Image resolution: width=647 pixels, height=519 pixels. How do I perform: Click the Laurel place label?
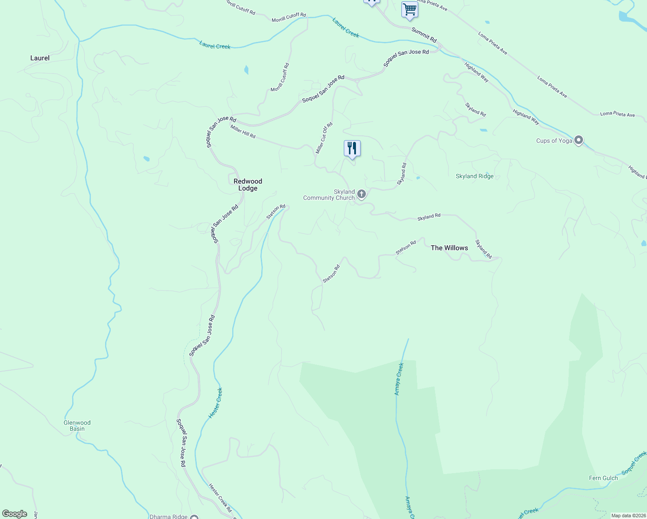[40, 58]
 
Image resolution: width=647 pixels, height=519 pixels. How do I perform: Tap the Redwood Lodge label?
[248, 185]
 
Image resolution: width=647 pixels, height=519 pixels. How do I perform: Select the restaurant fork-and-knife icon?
[352, 148]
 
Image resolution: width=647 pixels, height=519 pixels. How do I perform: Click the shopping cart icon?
[409, 9]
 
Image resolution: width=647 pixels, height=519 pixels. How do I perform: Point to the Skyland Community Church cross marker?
[362, 194]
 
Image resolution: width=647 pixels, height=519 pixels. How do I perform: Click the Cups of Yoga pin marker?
[579, 141]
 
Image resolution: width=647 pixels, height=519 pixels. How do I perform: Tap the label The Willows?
[449, 248]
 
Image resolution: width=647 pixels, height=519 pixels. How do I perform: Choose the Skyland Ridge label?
[474, 176]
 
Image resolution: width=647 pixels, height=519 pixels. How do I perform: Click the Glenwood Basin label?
[77, 426]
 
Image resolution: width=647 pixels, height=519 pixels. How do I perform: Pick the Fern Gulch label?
[603, 478]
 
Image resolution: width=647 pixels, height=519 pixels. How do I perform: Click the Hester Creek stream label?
[216, 403]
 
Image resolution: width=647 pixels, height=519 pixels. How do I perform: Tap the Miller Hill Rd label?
[243, 131]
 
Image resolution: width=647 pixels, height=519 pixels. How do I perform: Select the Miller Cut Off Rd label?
[324, 138]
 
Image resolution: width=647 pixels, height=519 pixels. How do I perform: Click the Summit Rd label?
[424, 35]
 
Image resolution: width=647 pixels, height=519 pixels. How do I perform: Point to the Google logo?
[15, 514]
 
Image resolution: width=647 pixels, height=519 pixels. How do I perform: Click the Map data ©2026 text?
[628, 516]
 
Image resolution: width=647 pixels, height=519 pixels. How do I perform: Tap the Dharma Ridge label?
[169, 516]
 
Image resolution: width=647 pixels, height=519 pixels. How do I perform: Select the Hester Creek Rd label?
[220, 498]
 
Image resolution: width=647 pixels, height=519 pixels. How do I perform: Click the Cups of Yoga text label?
[554, 141]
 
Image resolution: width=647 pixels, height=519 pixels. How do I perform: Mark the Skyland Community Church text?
[329, 195]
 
